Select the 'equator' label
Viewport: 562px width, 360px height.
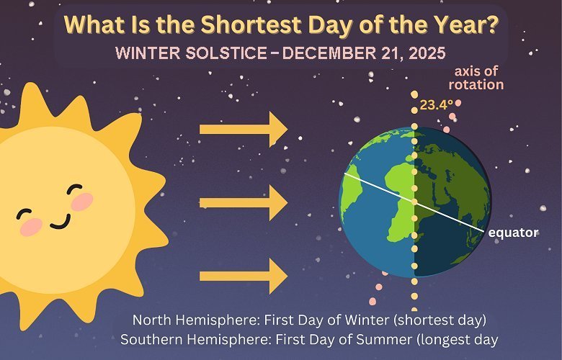coord(514,233)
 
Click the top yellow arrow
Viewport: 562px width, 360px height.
coord(243,129)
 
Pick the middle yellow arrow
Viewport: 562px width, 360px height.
coord(243,203)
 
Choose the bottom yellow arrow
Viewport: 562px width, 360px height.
coord(243,276)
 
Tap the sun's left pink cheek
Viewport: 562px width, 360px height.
coord(31,228)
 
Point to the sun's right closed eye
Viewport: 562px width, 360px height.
coord(75,190)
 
